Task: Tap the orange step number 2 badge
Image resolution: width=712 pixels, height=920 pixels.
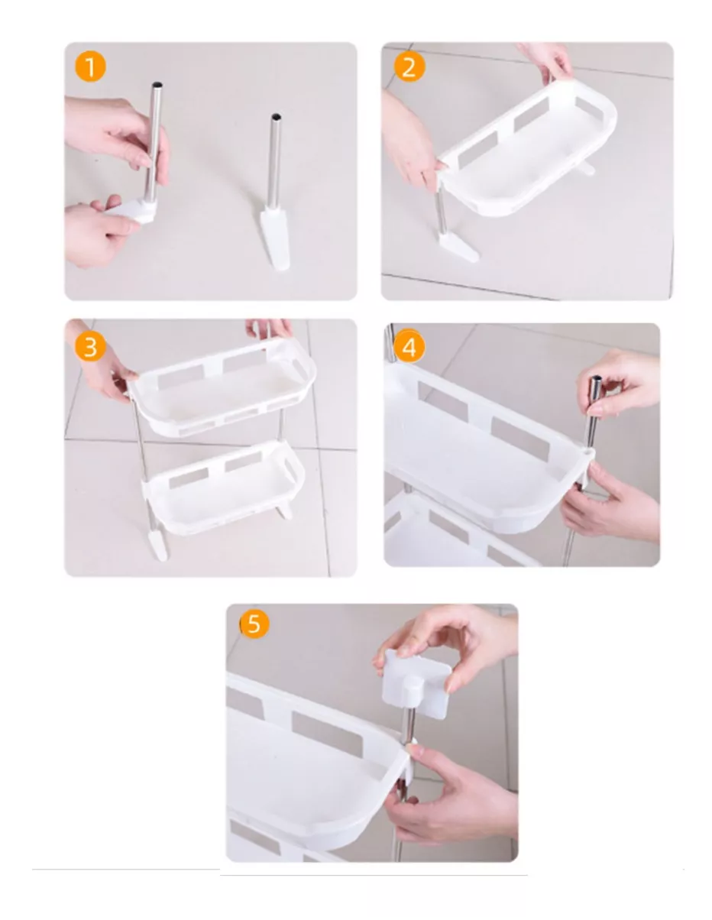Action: pyautogui.click(x=409, y=67)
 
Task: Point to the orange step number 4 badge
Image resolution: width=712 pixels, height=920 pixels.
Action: pyautogui.click(x=409, y=348)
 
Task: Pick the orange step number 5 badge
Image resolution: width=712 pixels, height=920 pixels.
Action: pyautogui.click(x=254, y=624)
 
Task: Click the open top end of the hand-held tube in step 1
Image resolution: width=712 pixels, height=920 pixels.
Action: pyautogui.click(x=157, y=85)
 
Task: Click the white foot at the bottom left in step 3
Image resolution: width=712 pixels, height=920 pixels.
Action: pyautogui.click(x=157, y=546)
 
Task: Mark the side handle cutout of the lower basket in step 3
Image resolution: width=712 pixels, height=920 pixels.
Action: pyautogui.click(x=293, y=465)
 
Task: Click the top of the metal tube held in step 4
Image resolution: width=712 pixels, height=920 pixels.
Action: pyautogui.click(x=594, y=382)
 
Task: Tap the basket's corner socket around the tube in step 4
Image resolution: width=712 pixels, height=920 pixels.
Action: pyautogui.click(x=587, y=456)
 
